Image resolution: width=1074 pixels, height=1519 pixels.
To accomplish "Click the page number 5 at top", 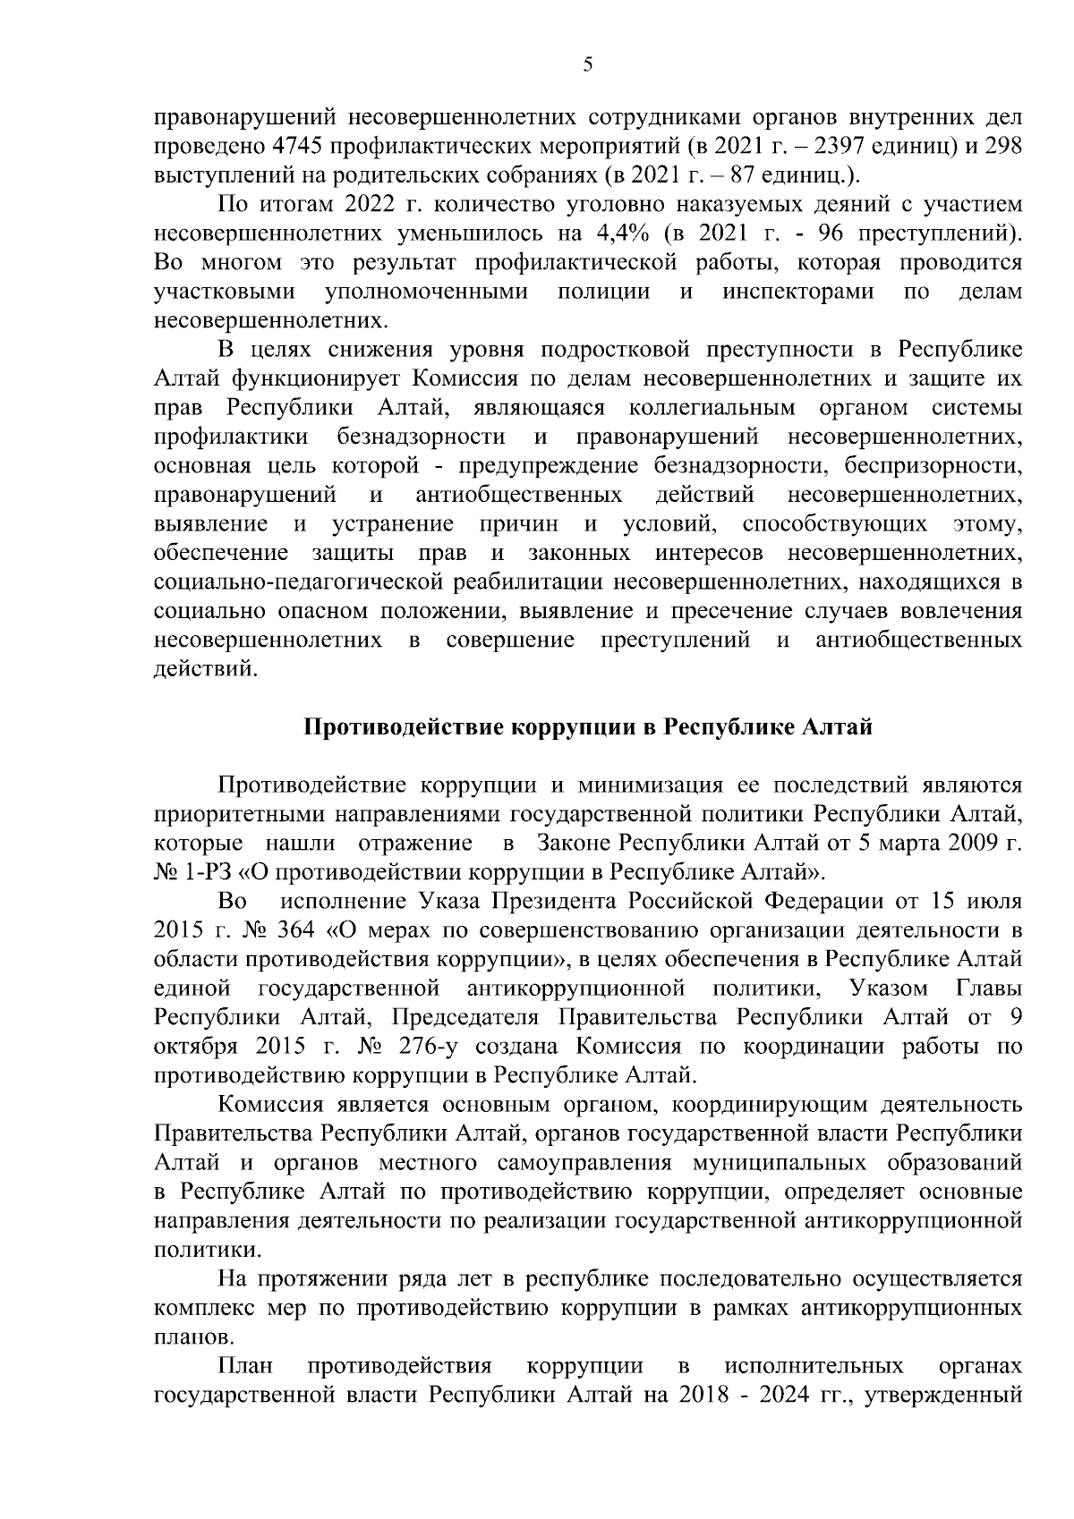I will point(587,64).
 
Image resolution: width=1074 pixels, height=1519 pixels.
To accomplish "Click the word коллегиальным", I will point(712,408).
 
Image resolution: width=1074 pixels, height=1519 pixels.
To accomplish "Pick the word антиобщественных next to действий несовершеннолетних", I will point(519,495).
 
